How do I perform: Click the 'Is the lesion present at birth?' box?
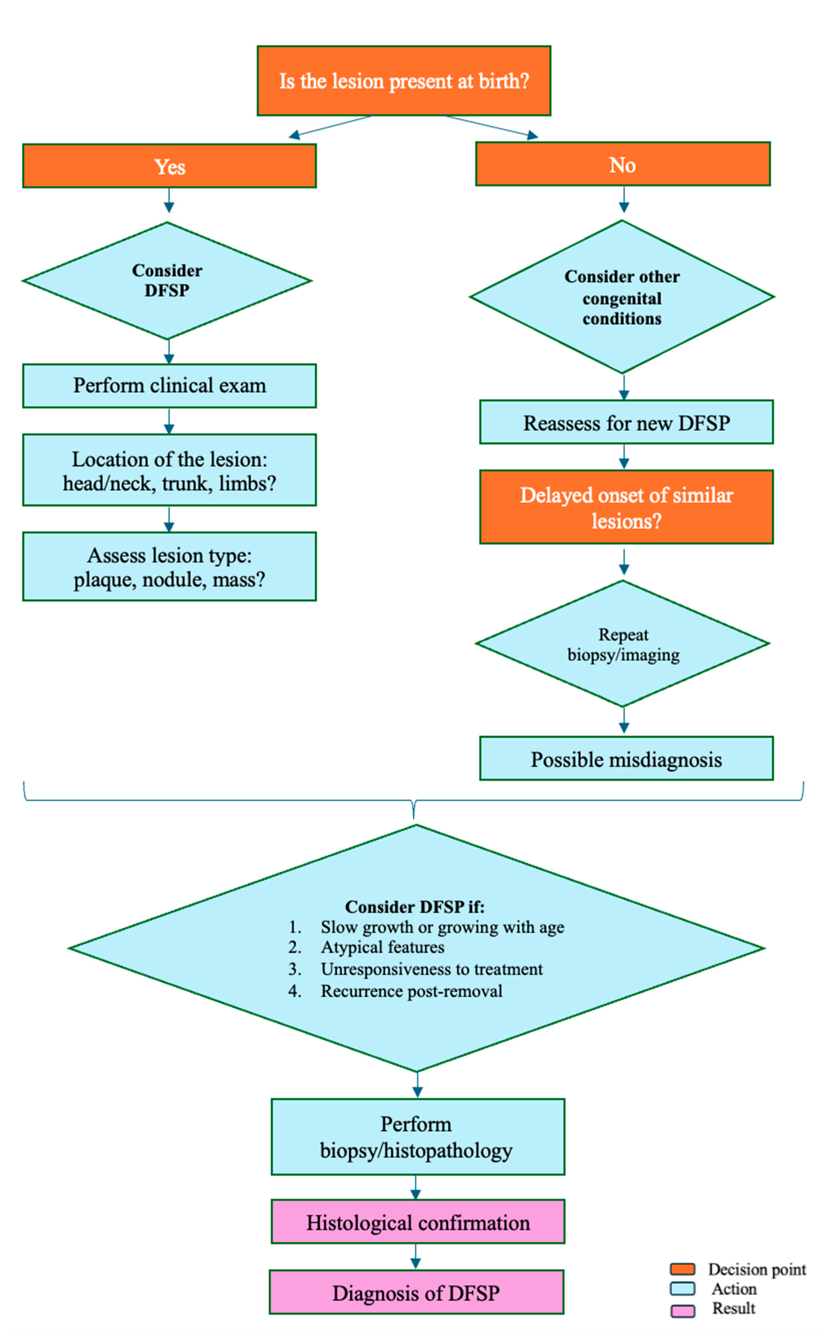point(404,81)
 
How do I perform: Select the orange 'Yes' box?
point(169,166)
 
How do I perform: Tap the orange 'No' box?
point(623,164)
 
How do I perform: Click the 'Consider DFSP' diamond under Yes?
point(167,281)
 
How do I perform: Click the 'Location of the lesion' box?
point(169,470)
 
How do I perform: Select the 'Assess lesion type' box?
point(169,567)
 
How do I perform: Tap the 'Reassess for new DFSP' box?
point(627,422)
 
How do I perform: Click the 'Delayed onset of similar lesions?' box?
point(627,507)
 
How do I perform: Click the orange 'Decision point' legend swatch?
point(682,1269)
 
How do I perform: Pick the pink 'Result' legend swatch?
point(682,1310)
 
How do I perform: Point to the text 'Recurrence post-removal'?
point(411,991)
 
